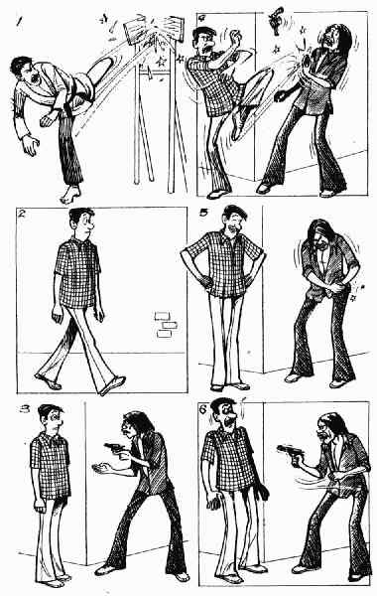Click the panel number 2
click(x=22, y=214)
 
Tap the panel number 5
click(x=203, y=213)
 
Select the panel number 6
click(x=203, y=409)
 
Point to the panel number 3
click(x=25, y=409)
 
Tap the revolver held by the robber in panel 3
click(x=115, y=448)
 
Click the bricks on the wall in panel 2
click(x=166, y=325)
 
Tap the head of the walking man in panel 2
click(x=82, y=221)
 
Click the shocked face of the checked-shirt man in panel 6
click(x=226, y=415)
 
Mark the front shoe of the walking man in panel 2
click(x=112, y=385)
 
